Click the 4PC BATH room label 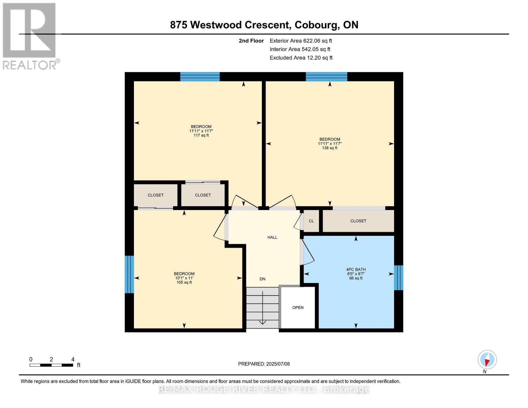tap(356, 270)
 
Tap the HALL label tap(272, 237)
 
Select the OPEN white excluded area tap(298, 308)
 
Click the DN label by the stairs tap(262, 279)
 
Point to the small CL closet tap(311, 221)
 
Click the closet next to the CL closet tap(358, 221)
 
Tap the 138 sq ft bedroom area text tap(329, 148)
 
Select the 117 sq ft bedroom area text tap(201, 135)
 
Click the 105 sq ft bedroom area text tap(184, 282)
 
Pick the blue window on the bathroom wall tap(398, 278)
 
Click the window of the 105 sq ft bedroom tap(129, 274)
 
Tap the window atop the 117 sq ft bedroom tap(200, 77)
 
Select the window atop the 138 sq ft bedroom tap(326, 77)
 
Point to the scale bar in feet tap(51, 365)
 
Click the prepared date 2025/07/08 tap(264, 364)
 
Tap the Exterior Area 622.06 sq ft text tap(301, 41)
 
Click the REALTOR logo tap(30, 36)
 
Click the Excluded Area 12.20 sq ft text tap(301, 58)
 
